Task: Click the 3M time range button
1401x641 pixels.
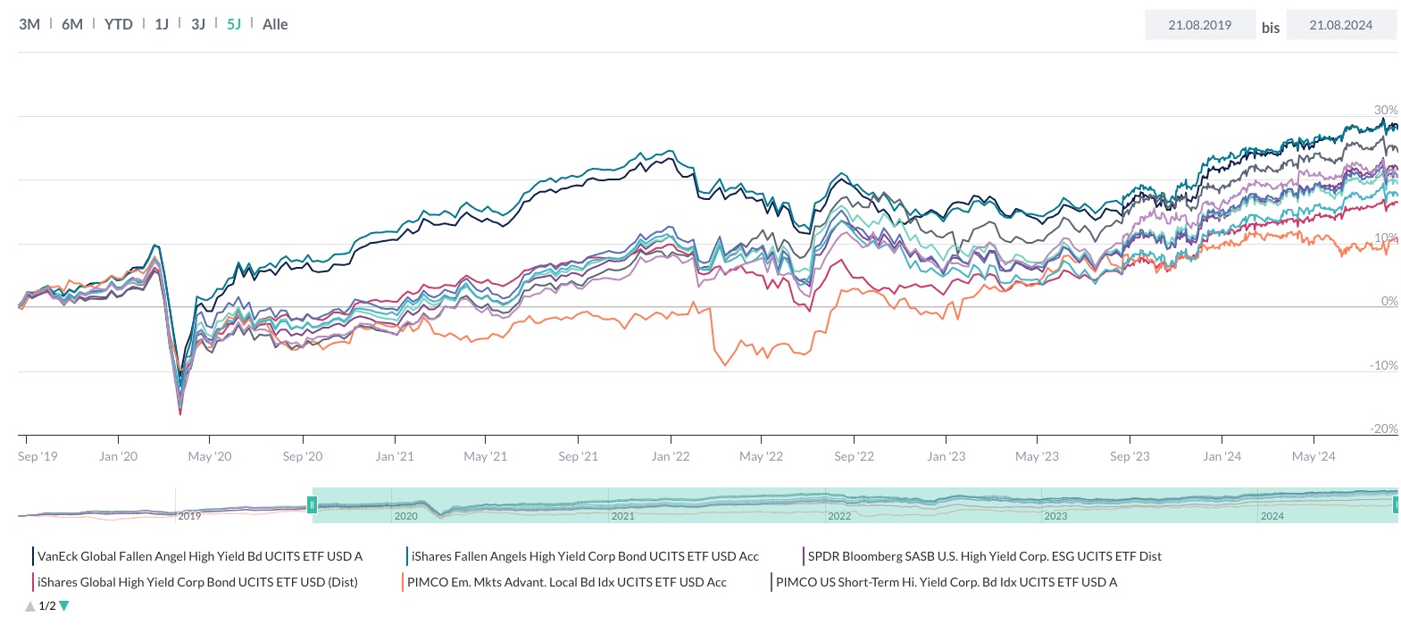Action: (x=29, y=24)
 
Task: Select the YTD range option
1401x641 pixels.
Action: (x=118, y=24)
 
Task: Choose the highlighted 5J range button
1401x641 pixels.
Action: (x=234, y=24)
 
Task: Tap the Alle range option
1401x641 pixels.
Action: (x=275, y=24)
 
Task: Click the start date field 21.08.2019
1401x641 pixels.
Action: (x=1199, y=25)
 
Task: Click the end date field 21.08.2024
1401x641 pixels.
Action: (x=1340, y=25)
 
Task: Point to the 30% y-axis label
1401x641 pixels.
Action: (x=1385, y=110)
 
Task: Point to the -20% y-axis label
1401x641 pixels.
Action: (x=1383, y=429)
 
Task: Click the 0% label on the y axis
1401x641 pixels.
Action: (x=1388, y=301)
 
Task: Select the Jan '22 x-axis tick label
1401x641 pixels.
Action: (x=670, y=456)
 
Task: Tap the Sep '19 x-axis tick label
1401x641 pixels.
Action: (x=38, y=456)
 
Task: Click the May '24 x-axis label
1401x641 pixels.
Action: (x=1313, y=456)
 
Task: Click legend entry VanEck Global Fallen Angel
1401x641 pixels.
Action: (x=199, y=556)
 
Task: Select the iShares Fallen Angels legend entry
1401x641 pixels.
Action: (x=584, y=556)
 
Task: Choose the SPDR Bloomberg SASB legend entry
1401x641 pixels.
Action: (x=984, y=556)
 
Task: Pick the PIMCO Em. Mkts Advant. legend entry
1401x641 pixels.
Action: (x=566, y=582)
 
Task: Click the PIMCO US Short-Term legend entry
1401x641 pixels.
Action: (x=946, y=582)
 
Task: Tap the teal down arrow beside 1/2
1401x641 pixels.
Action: (x=64, y=606)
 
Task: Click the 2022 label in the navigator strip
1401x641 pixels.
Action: (x=838, y=516)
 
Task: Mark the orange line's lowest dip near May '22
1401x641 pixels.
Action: (x=724, y=364)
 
